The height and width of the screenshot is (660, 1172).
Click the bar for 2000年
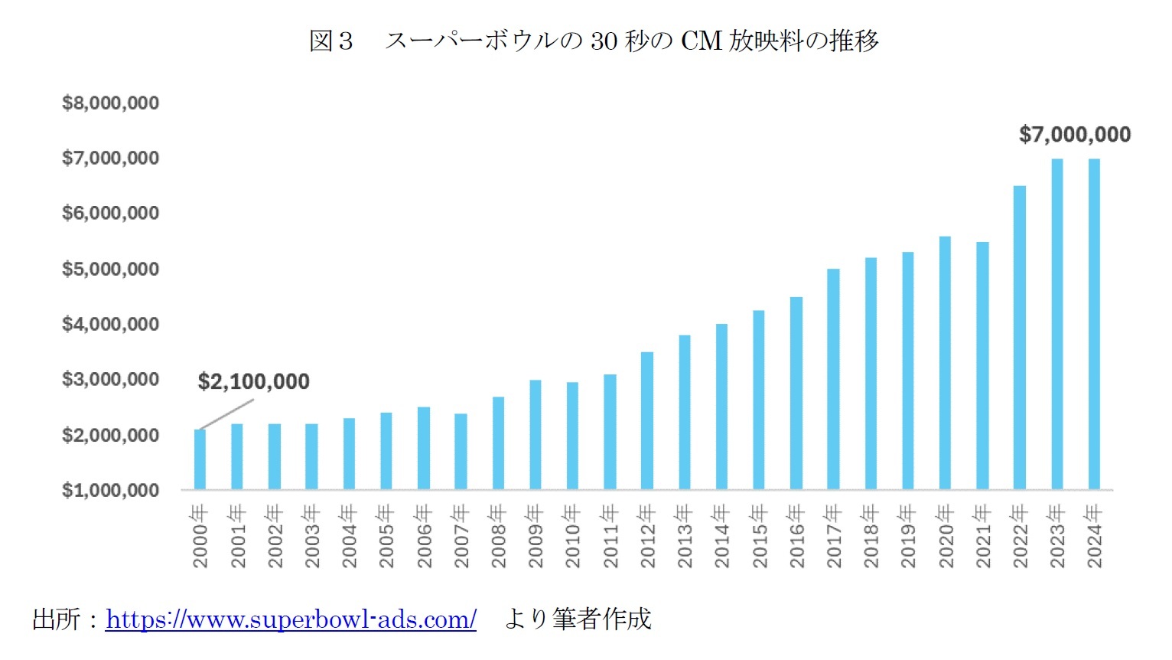tap(200, 459)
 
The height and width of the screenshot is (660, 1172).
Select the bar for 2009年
tap(536, 435)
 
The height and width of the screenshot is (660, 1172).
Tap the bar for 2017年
tap(833, 379)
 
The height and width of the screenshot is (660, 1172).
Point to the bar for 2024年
tap(1094, 324)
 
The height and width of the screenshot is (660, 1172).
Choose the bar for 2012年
tap(647, 420)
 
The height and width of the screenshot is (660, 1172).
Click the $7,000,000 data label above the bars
tap(1074, 135)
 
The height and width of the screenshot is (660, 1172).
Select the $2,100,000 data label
tap(253, 381)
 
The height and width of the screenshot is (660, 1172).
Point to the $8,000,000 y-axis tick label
tap(111, 103)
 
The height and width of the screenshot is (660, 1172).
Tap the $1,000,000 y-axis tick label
tap(111, 490)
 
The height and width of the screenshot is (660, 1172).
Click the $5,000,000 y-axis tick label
tap(111, 269)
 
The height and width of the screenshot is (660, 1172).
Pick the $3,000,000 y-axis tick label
tap(111, 379)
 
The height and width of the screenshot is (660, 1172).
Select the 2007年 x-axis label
tap(461, 536)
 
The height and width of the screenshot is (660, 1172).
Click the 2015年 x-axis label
tap(759, 536)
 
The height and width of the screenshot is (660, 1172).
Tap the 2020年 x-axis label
tap(946, 536)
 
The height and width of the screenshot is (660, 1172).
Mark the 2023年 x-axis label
tap(1057, 536)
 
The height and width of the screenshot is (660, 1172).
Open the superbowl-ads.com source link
tap(291, 619)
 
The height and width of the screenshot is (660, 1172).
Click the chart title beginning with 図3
tap(594, 41)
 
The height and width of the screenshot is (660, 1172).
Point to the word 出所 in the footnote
tap(56, 619)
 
